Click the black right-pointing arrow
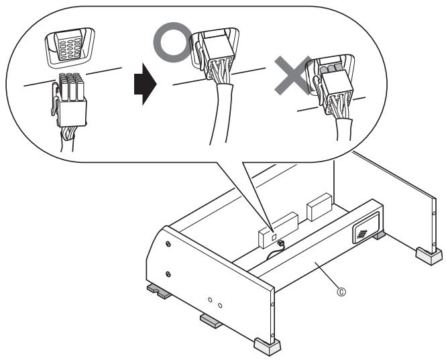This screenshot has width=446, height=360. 145,84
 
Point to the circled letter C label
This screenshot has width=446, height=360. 341,292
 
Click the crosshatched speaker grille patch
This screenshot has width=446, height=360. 361,233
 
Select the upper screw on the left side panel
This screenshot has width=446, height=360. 168,244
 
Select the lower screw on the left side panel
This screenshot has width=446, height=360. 168,274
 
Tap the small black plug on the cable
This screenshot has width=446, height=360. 280,243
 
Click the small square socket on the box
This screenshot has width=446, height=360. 274,237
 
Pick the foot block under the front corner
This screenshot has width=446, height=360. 267,346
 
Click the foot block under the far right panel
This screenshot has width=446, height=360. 429,255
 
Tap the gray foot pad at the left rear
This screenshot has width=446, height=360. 159,292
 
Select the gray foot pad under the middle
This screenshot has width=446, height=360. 211,321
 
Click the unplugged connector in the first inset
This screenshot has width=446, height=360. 69,99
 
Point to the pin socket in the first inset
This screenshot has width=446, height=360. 69,47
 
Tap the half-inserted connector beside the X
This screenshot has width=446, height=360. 335,91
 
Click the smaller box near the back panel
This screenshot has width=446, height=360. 319,207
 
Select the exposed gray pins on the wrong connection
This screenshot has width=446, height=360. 330,68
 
